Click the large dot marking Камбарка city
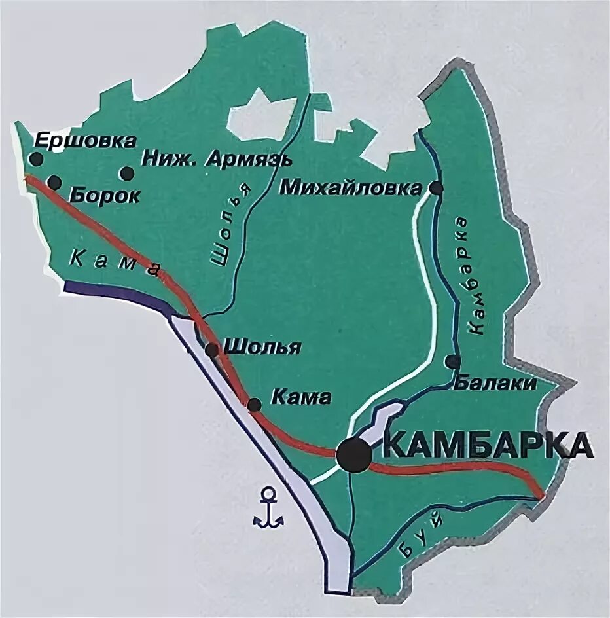[x=354, y=454]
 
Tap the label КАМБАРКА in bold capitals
[x=487, y=445]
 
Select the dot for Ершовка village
[x=37, y=158]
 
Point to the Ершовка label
[x=85, y=141]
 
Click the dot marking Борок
[x=54, y=183]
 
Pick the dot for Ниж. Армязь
[x=126, y=173]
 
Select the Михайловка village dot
[x=437, y=189]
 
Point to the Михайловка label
[x=351, y=189]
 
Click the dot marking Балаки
[x=452, y=361]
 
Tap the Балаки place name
[x=495, y=384]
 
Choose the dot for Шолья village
[x=212, y=350]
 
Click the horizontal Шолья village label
[x=262, y=347]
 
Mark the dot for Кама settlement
[x=255, y=405]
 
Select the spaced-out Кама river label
[x=113, y=264]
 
